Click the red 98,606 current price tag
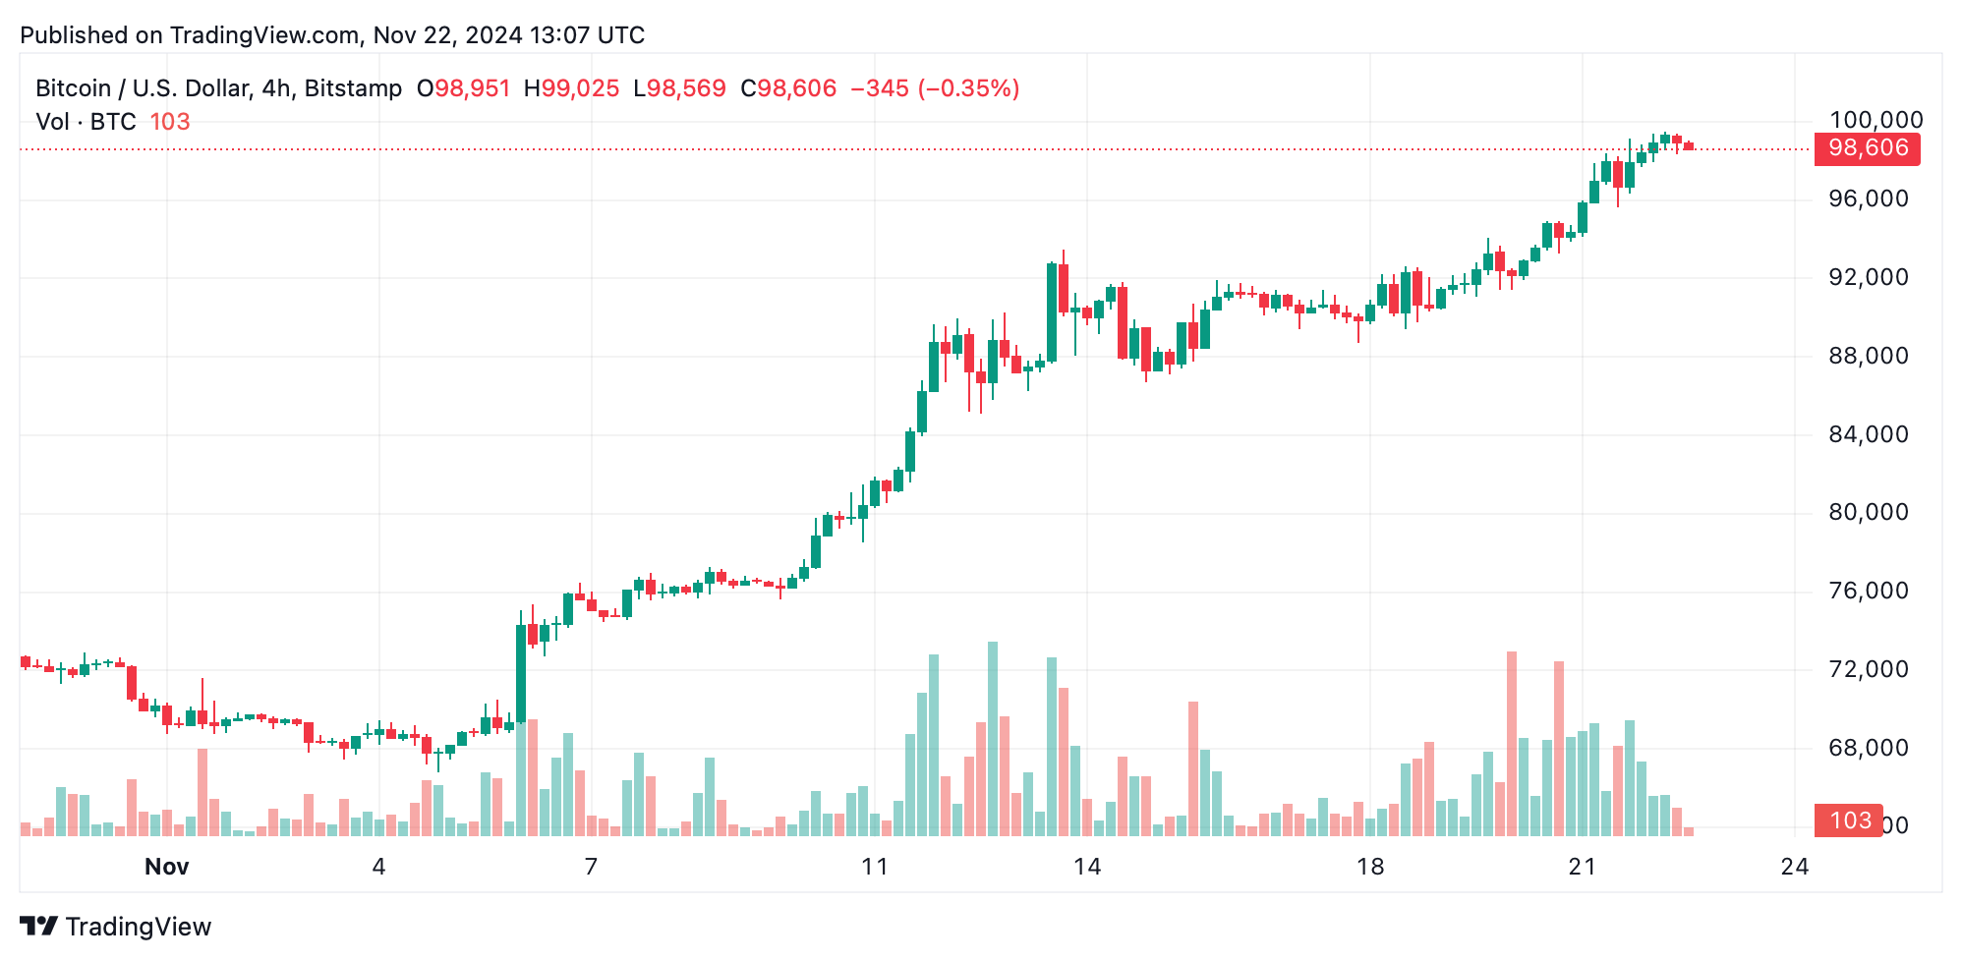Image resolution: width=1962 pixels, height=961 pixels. click(x=1867, y=148)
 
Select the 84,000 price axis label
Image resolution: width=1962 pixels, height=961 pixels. click(x=1868, y=434)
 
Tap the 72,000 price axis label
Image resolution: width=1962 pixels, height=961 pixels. click(x=1868, y=669)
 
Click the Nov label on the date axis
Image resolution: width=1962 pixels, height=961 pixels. click(x=166, y=867)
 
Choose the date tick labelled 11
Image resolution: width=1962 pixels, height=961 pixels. click(x=874, y=867)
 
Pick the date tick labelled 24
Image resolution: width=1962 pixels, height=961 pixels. click(x=1794, y=867)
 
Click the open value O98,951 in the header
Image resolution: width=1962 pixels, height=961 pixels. click(x=463, y=88)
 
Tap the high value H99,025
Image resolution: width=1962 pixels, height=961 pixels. click(x=571, y=88)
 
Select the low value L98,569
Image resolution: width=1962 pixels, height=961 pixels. click(x=679, y=88)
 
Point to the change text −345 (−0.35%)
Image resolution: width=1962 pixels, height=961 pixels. click(x=934, y=88)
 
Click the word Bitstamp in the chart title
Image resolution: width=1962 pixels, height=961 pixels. click(x=353, y=88)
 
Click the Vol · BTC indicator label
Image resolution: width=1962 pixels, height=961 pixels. click(x=86, y=122)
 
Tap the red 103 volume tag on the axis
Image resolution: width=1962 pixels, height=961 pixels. click(x=1849, y=820)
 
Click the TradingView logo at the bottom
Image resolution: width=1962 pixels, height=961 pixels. click(x=115, y=927)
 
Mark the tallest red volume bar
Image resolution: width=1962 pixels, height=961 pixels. click(x=1511, y=743)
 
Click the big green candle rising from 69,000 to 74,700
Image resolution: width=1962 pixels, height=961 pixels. click(x=521, y=674)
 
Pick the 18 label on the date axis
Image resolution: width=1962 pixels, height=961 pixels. click(x=1369, y=867)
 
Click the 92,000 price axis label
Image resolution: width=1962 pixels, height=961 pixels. click(x=1868, y=277)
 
